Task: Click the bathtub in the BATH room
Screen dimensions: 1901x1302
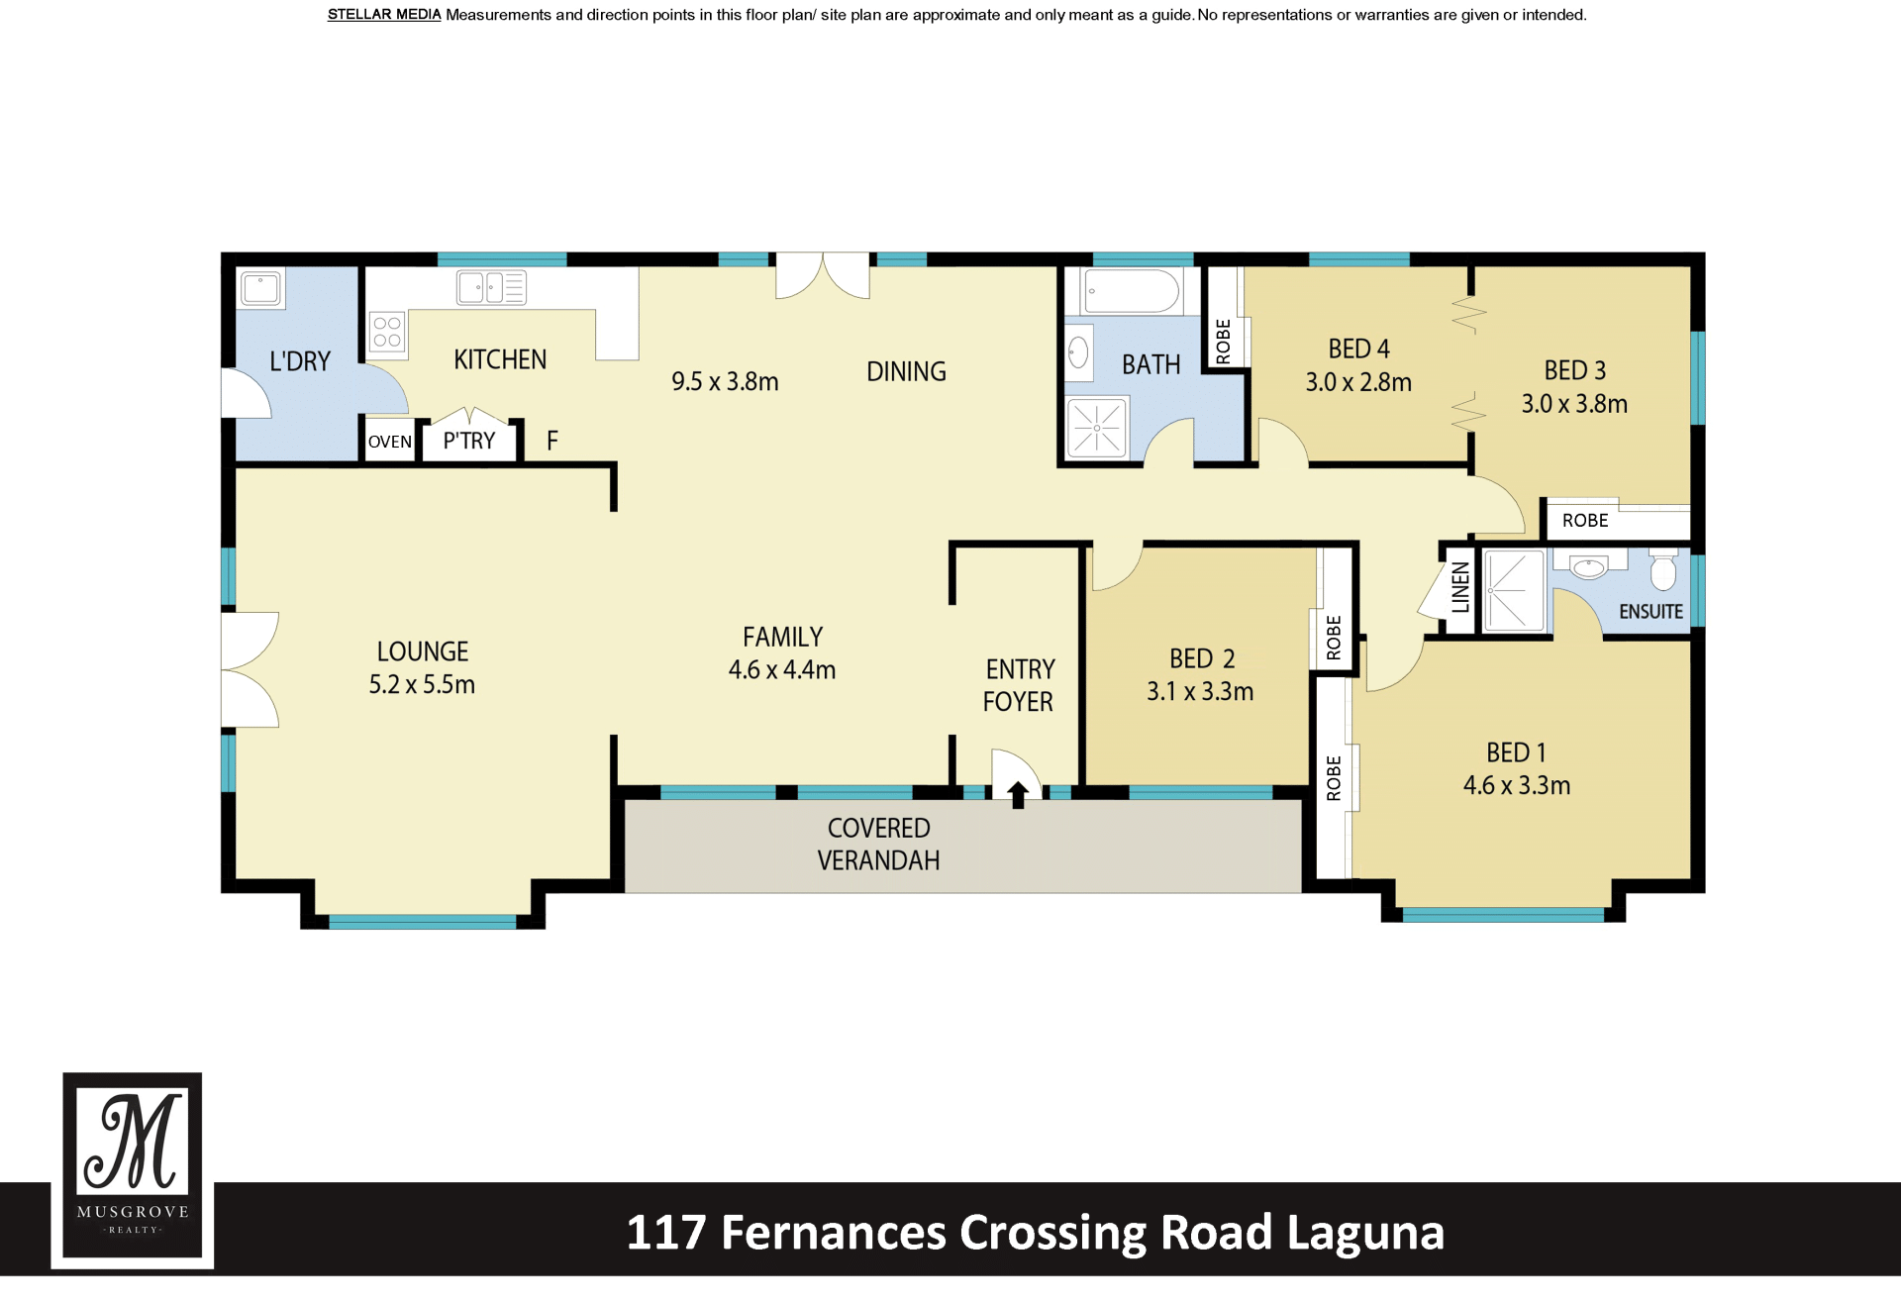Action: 1132,291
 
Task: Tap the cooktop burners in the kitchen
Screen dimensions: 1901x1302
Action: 387,332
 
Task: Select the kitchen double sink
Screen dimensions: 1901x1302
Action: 491,288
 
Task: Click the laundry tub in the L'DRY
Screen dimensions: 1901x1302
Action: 261,289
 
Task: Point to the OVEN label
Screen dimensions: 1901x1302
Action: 390,442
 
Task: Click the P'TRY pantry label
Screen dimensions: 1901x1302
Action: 469,441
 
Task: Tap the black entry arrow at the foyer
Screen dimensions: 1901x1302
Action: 1018,794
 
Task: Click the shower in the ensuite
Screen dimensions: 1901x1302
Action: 1513,591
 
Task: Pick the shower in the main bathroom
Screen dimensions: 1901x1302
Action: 1097,428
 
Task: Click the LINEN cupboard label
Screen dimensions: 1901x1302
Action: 1460,587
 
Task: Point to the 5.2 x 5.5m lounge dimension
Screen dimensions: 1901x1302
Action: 422,684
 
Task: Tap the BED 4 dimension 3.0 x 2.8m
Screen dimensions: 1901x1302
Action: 1358,382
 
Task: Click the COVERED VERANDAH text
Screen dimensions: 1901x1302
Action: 878,844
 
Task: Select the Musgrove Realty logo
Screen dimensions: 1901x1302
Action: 133,1168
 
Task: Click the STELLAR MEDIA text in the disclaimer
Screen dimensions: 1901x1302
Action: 384,15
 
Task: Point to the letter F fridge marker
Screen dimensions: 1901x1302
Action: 552,441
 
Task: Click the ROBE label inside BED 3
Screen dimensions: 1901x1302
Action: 1585,521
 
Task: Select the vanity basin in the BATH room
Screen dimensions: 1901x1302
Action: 1078,352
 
